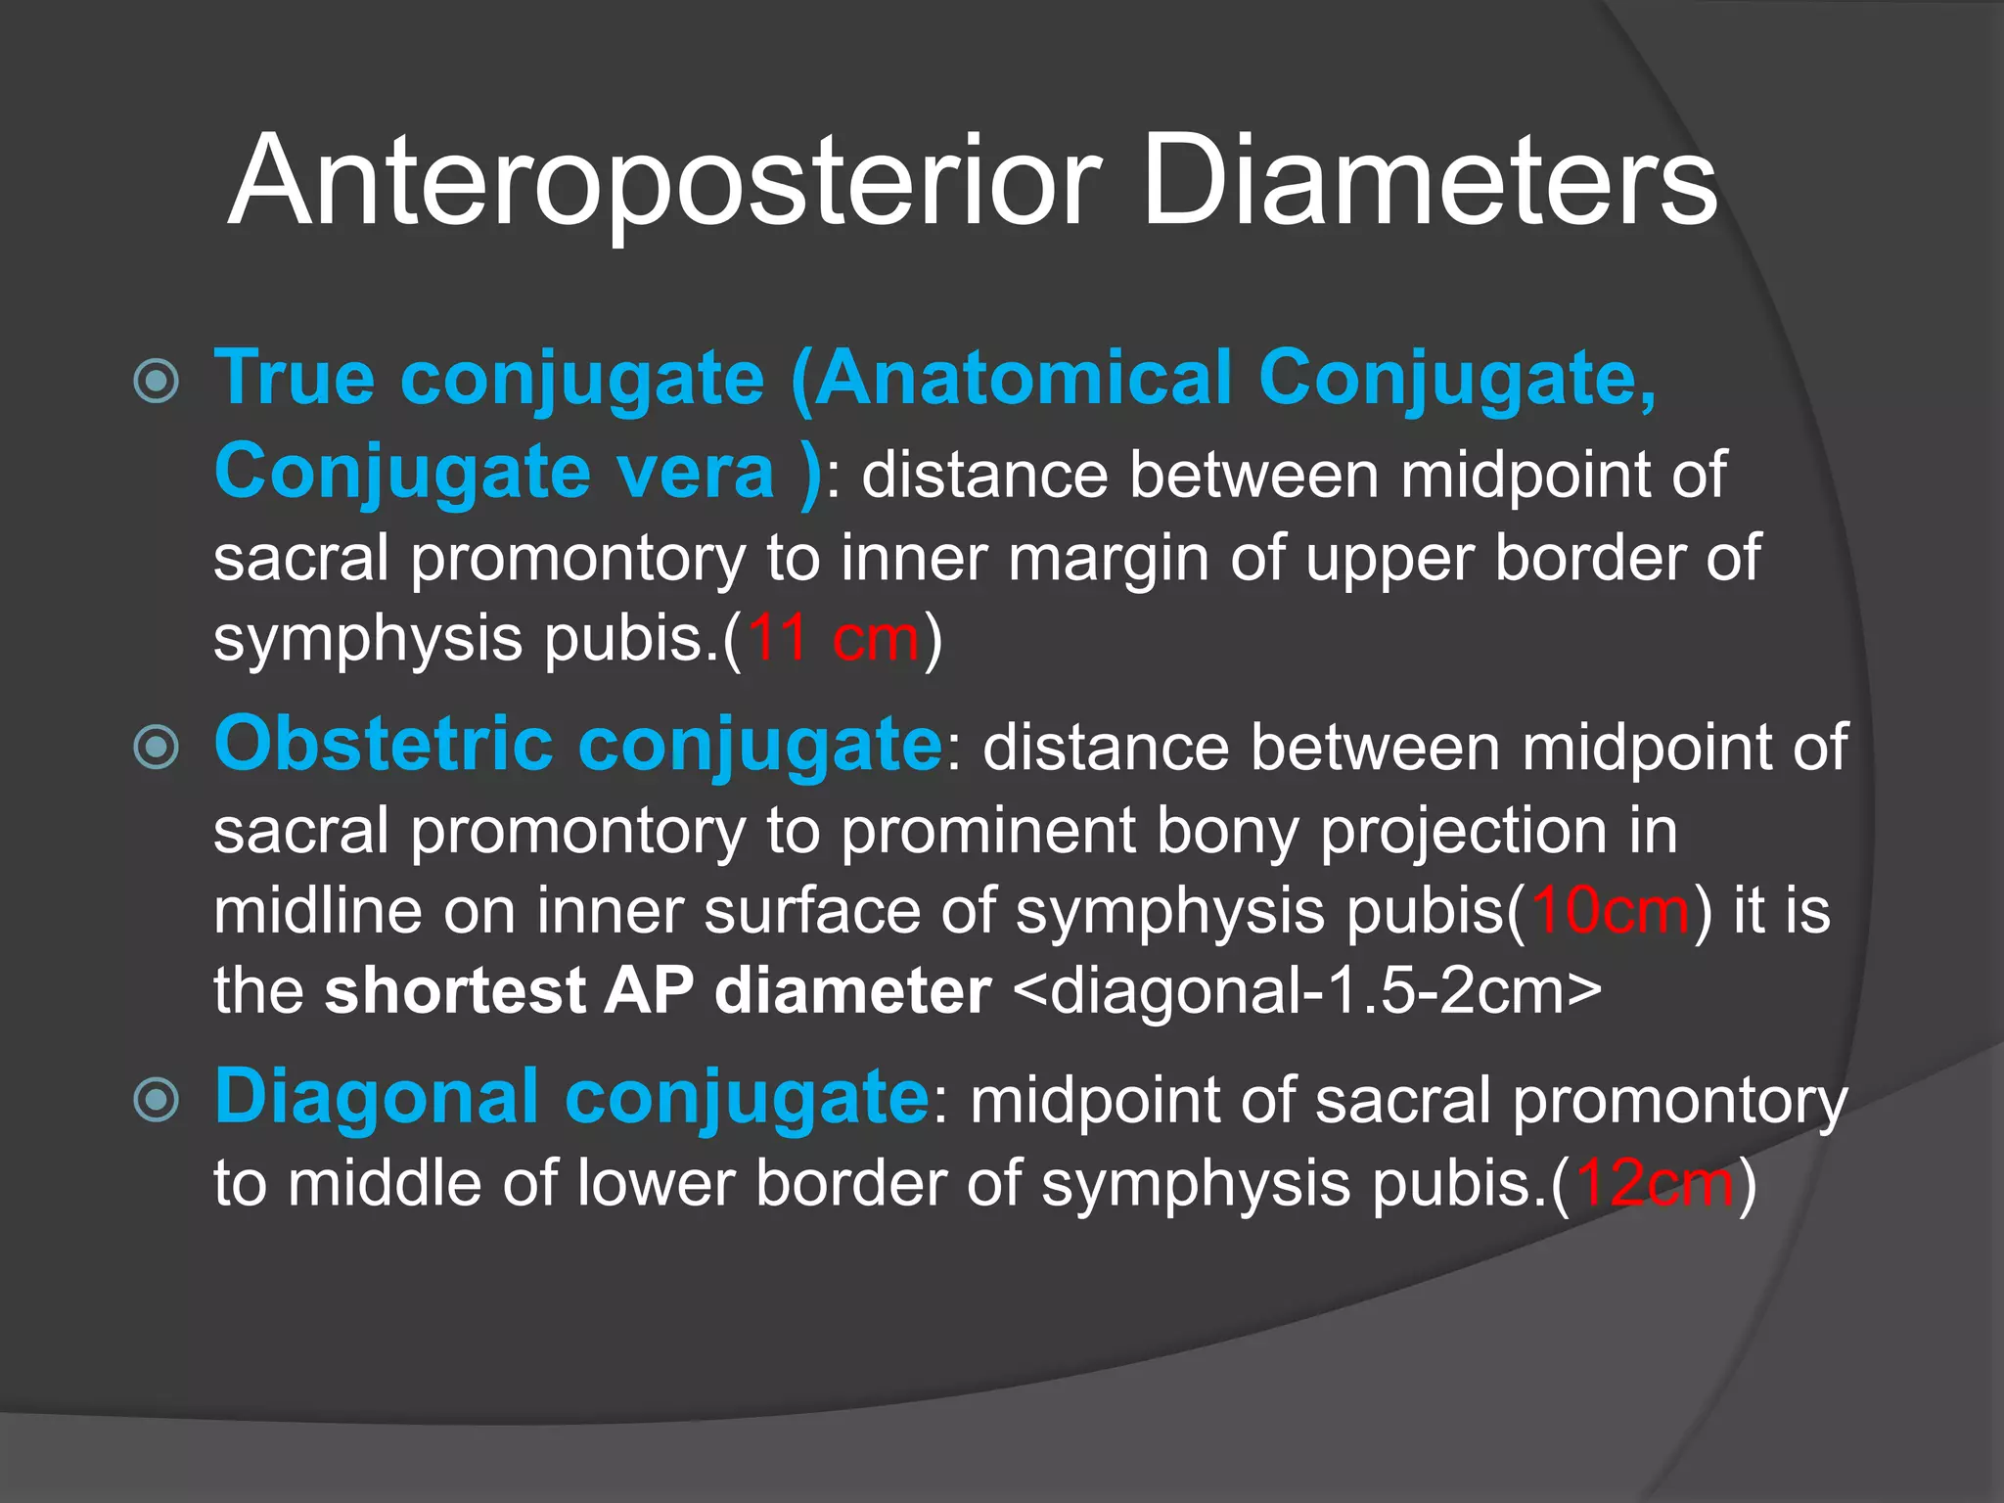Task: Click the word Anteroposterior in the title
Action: coord(665,184)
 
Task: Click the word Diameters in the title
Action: coord(1429,184)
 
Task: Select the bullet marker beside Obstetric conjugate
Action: coord(157,748)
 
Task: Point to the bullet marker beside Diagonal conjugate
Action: coord(157,1100)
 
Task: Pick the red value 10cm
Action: coord(1610,910)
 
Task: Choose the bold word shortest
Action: coord(454,990)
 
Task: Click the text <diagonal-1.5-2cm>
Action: coord(1307,990)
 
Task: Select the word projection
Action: coord(1463,832)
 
